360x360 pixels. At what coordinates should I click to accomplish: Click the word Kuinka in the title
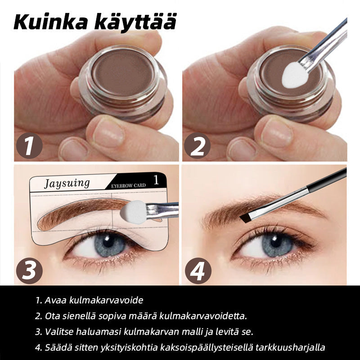point(51,22)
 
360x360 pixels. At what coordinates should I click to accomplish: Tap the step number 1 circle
point(29,145)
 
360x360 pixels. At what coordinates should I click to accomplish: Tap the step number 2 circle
point(197,145)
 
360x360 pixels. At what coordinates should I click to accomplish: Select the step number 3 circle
point(29,270)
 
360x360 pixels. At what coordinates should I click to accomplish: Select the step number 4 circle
point(198,270)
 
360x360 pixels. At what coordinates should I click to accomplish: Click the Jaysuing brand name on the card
point(67,184)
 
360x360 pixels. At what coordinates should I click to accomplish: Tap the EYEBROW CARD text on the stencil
point(128,185)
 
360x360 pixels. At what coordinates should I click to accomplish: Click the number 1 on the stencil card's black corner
point(156,180)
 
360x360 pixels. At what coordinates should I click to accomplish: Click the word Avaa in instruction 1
point(55,300)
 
